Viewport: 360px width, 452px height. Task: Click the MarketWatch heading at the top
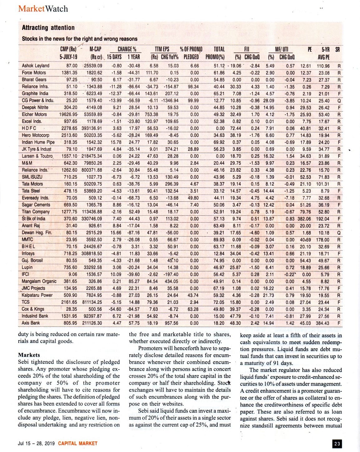(x=43, y=8)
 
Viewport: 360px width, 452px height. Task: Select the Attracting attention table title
(x=48, y=28)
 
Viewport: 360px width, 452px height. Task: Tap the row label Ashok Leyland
(x=36, y=66)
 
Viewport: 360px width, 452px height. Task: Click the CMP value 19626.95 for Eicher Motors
(x=69, y=114)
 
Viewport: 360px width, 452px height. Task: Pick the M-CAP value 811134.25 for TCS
(x=92, y=302)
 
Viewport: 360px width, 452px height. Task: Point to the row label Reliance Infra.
(x=35, y=87)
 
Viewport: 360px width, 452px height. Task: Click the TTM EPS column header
(x=162, y=49)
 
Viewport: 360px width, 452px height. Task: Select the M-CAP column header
(x=95, y=49)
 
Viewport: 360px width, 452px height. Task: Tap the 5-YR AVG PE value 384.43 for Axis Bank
(x=322, y=323)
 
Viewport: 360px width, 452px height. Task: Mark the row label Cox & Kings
(x=33, y=309)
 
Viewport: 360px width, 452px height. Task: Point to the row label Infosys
(x=28, y=253)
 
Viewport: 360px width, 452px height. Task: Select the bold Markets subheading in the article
(x=29, y=355)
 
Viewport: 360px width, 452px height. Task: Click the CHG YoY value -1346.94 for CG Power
(x=170, y=100)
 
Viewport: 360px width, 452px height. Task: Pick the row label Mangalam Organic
(x=39, y=281)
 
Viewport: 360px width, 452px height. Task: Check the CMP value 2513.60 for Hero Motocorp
(x=69, y=135)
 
